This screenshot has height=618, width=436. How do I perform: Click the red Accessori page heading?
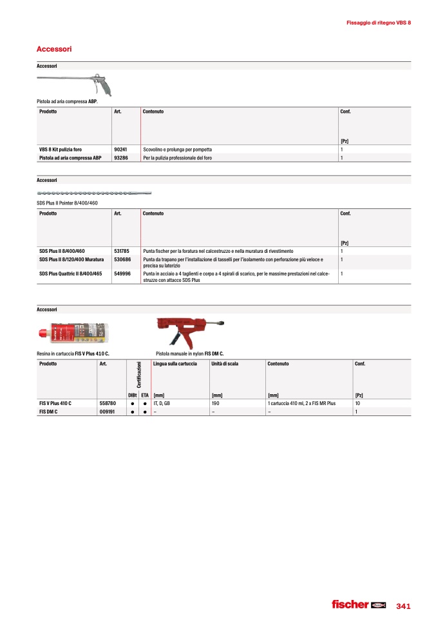click(x=54, y=49)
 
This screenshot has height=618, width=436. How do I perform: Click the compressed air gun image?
click(x=79, y=82)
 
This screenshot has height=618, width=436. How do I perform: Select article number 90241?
click(x=120, y=149)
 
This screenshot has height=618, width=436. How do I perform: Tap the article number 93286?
click(x=120, y=157)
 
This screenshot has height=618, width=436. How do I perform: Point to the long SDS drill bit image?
click(x=94, y=193)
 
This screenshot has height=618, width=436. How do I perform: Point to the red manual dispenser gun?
click(x=190, y=331)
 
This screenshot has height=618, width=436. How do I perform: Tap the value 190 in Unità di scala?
click(x=216, y=403)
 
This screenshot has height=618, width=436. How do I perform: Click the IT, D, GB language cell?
click(x=162, y=403)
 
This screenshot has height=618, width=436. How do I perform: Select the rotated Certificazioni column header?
click(x=139, y=375)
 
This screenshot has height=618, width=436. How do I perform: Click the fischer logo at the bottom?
click(x=357, y=604)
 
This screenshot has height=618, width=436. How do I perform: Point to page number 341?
click(x=403, y=606)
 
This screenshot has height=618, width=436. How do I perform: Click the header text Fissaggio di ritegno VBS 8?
click(x=378, y=23)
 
